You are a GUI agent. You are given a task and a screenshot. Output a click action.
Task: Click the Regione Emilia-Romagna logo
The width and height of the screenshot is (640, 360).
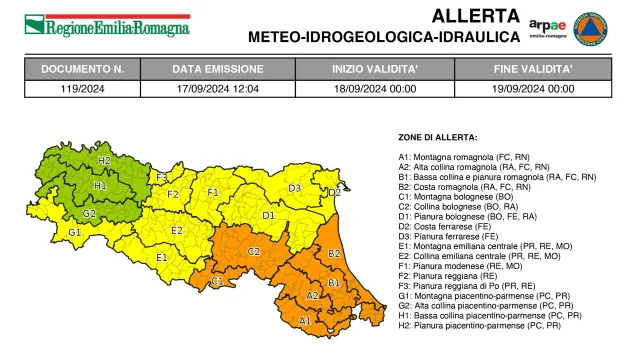[x=107, y=26]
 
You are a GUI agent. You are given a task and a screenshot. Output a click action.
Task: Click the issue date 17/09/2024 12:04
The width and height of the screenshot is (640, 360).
[x=216, y=88]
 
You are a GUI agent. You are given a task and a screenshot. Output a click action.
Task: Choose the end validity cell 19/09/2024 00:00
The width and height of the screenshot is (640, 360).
[x=534, y=88]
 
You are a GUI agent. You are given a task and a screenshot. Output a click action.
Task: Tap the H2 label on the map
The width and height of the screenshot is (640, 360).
[x=104, y=160]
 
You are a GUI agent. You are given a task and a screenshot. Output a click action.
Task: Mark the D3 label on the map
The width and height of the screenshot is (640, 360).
[x=295, y=188]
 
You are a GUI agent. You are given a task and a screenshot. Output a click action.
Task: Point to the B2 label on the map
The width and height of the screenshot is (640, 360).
[x=334, y=254]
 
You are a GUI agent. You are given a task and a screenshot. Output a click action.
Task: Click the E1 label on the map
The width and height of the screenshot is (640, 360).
[x=161, y=257]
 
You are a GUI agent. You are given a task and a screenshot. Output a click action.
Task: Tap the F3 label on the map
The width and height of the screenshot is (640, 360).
[x=161, y=177]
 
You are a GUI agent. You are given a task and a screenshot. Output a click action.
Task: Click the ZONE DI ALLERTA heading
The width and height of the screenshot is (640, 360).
[x=438, y=137]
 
